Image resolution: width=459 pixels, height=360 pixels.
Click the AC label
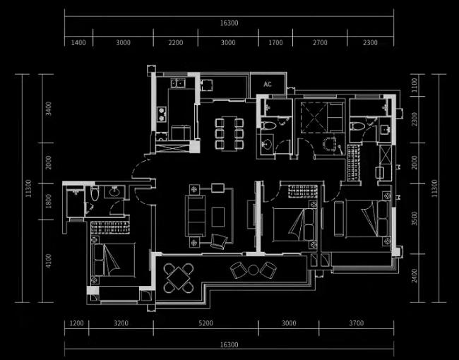pos(268,85)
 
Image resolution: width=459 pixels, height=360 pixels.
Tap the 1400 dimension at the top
pos(78,43)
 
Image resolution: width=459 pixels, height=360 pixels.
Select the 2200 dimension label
pos(175,43)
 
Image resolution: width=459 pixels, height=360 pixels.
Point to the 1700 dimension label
pos(275,43)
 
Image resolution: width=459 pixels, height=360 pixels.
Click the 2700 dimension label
pos(320,43)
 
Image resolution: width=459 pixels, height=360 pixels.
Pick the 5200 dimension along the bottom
pos(205,323)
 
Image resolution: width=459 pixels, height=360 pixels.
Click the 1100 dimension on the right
pos(415,86)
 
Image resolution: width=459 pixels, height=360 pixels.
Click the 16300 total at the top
pos(229,23)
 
